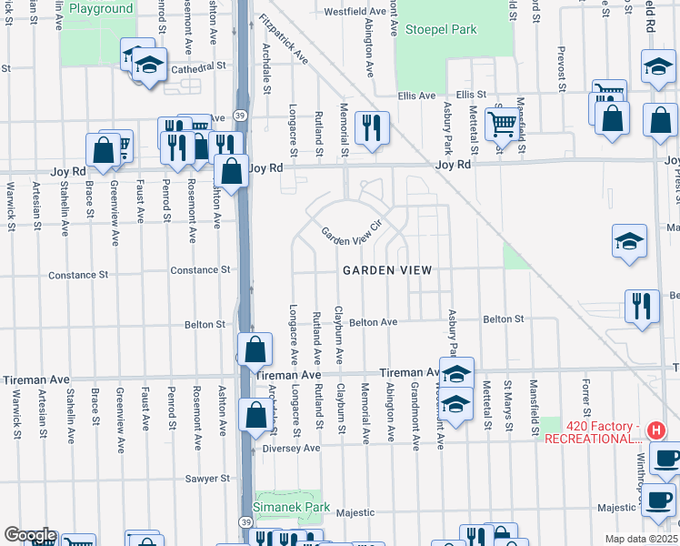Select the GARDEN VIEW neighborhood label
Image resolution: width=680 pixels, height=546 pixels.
point(386,271)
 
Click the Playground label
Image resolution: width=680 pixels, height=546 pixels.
point(100,9)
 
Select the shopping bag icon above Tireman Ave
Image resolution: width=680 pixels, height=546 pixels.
point(255,349)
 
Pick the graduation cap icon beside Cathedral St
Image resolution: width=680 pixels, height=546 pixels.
point(148,66)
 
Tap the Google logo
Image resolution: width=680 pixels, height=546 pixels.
point(29,535)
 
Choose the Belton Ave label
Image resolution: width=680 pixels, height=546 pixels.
point(374,322)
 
